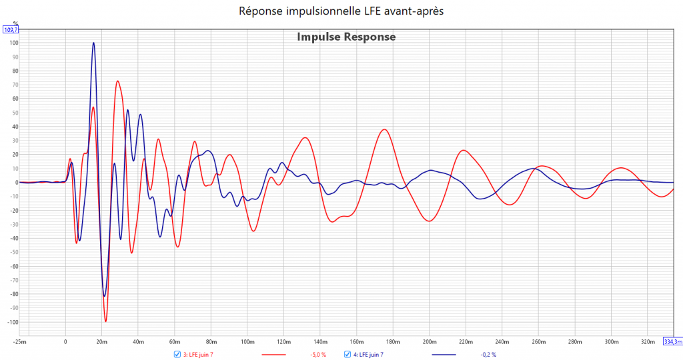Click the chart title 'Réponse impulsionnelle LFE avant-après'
341,11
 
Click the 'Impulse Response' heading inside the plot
346,37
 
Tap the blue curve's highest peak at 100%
93,43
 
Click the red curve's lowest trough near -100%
105,321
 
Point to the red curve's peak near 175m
384,129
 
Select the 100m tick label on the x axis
247,342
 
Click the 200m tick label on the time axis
429,342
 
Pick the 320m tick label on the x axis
647,342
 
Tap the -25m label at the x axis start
21,342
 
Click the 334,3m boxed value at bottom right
673,342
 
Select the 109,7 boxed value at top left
11,30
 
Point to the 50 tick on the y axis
13,113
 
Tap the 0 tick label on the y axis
15,183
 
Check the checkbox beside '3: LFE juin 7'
177,354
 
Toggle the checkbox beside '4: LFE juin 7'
348,354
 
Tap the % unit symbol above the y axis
15,23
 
